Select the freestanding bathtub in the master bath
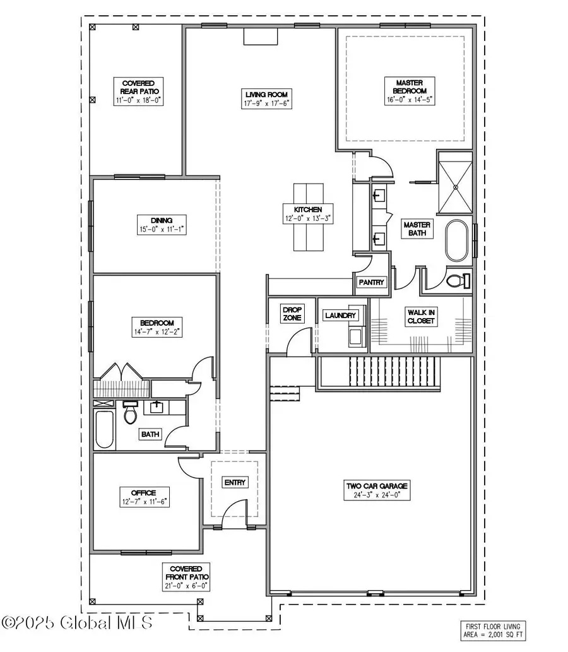pos(457,240)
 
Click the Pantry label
pos(371,283)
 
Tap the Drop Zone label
pos(292,314)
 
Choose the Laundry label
pos(340,315)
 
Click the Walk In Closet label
pos(422,316)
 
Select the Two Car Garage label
pos(377,486)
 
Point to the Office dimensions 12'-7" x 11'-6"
pos(143,501)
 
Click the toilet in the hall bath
pos(131,413)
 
